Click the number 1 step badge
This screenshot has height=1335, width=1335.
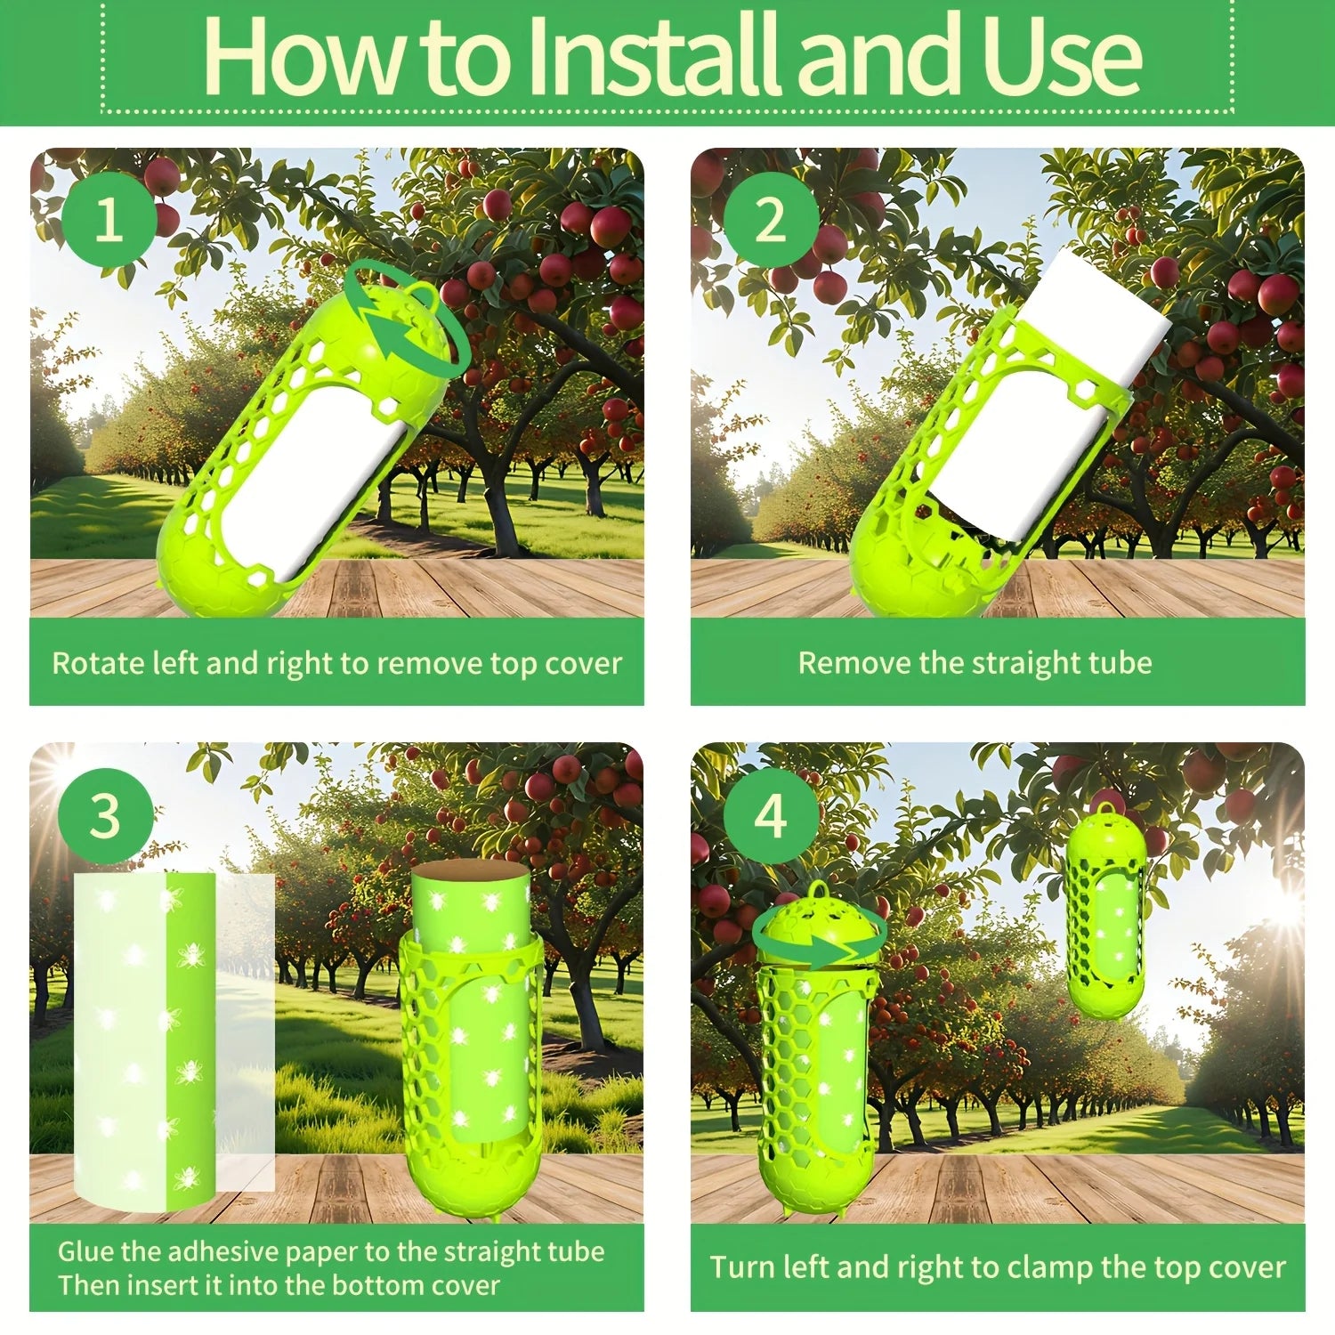click(x=109, y=219)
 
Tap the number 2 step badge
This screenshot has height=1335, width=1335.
click(x=771, y=219)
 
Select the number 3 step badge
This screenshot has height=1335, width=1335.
click(x=105, y=816)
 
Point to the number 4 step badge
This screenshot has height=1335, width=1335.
click(x=771, y=816)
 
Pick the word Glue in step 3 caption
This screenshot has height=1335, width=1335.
click(x=85, y=1251)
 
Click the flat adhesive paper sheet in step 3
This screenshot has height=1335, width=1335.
click(x=174, y=1041)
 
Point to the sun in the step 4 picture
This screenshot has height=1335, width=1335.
click(x=1284, y=908)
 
